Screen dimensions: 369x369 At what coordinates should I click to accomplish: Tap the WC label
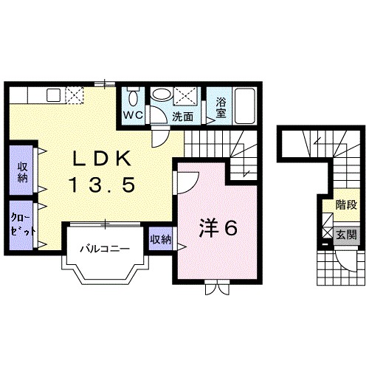tap(133, 116)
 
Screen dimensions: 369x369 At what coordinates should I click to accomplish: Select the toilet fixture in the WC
tap(132, 97)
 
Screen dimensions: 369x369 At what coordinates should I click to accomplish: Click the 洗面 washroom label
tap(182, 116)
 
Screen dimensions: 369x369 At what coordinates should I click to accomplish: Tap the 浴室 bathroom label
tap(220, 108)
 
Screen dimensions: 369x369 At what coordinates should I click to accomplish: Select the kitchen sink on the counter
tap(53, 94)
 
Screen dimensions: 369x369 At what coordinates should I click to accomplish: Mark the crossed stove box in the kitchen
tap(75, 94)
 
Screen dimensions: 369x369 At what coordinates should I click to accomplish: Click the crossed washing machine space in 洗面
tap(184, 96)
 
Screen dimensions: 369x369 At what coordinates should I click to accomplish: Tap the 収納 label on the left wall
tap(23, 172)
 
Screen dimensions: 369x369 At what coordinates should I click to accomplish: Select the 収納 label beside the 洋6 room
tap(161, 240)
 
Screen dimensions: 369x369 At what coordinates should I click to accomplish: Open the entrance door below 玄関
tap(344, 260)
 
